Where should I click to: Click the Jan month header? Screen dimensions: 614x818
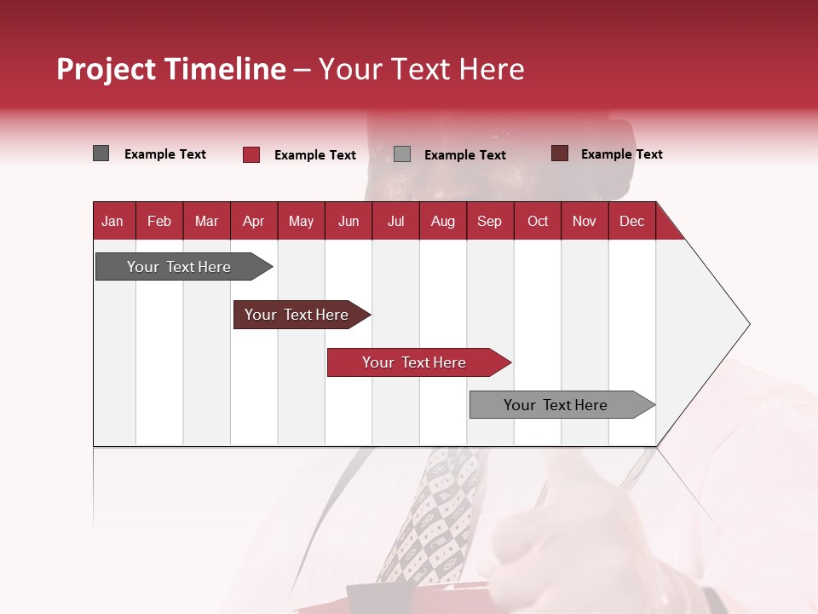pos(113,221)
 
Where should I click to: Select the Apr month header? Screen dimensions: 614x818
pos(253,221)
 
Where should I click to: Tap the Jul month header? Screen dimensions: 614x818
pos(395,221)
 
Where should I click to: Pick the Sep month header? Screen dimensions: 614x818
pos(489,221)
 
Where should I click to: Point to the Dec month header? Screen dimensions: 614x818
pos(631,221)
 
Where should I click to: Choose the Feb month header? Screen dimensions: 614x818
pos(159,221)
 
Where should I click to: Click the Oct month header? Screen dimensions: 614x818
pos(538,221)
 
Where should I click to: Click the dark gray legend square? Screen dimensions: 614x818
pos(101,153)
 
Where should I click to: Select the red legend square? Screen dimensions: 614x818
pos(251,154)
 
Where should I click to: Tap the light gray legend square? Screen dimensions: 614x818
pos(402,154)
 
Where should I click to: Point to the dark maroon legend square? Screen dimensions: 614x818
pos(560,153)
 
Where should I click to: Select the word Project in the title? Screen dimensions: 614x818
pos(106,69)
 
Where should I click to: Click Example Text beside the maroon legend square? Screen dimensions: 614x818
pos(621,154)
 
